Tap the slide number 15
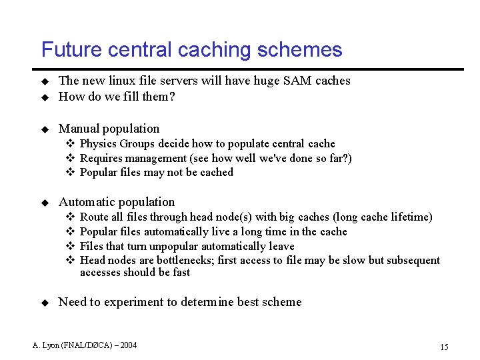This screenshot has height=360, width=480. point(444,347)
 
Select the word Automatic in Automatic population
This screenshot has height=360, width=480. point(87,202)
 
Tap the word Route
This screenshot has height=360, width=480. point(94,217)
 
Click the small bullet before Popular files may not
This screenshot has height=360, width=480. point(69,173)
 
